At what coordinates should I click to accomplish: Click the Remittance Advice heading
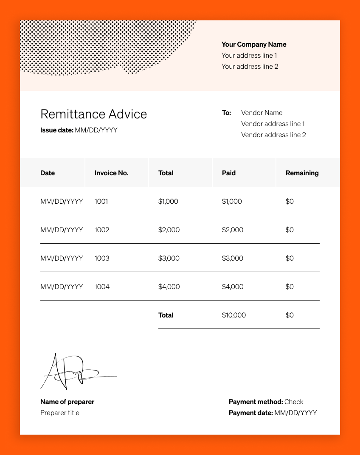pyautogui.click(x=93, y=114)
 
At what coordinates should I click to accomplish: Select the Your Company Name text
pyautogui.click(x=254, y=45)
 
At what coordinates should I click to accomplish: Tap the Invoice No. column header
pyautogui.click(x=111, y=173)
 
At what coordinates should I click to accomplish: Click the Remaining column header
pyautogui.click(x=302, y=173)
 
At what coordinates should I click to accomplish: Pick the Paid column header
pyautogui.click(x=228, y=173)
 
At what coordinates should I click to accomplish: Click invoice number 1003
pyautogui.click(x=102, y=258)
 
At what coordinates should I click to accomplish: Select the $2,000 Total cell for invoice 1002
pyautogui.click(x=169, y=230)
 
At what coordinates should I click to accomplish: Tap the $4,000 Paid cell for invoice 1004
pyautogui.click(x=232, y=287)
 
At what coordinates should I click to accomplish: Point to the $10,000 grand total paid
pyautogui.click(x=233, y=315)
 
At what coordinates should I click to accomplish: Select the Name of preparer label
pyautogui.click(x=67, y=402)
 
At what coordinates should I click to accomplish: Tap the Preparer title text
pyautogui.click(x=60, y=413)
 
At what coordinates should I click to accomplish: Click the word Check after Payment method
pyautogui.click(x=294, y=402)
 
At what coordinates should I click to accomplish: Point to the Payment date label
pyautogui.click(x=250, y=413)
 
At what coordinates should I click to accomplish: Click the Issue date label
pyautogui.click(x=57, y=130)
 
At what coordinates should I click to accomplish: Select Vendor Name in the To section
pyautogui.click(x=262, y=113)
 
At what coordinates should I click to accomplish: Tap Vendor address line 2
pyautogui.click(x=273, y=135)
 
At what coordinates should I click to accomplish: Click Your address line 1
pyautogui.click(x=249, y=56)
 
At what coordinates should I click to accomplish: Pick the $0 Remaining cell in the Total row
pyautogui.click(x=289, y=315)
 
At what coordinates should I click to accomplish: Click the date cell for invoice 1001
pyautogui.click(x=62, y=202)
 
